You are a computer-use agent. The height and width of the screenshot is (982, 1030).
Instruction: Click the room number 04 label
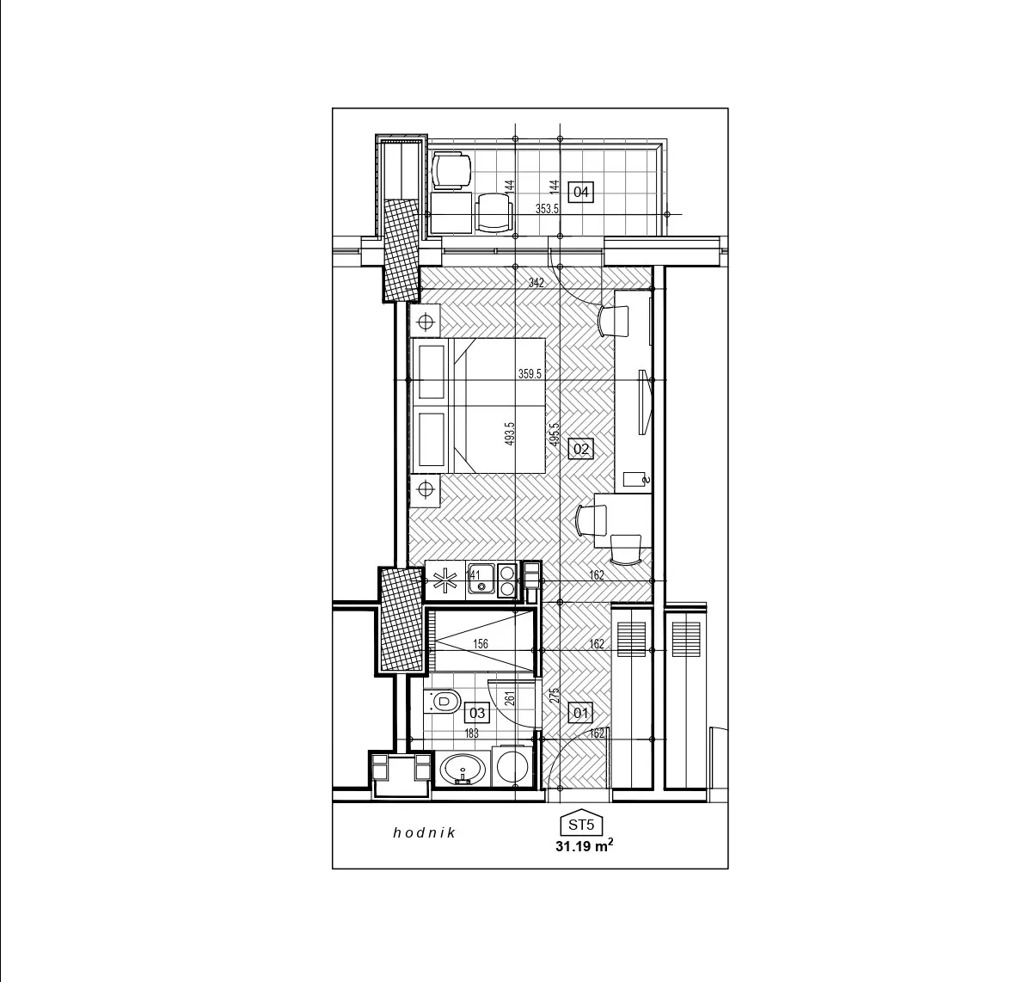click(x=580, y=192)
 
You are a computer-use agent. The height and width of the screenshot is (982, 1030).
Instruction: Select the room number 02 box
click(x=580, y=449)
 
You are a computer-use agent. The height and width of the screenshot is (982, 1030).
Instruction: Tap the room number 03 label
click(x=477, y=713)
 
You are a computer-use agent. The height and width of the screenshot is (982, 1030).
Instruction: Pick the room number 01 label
click(x=580, y=713)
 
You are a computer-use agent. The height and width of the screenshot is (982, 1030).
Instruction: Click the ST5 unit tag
click(x=580, y=824)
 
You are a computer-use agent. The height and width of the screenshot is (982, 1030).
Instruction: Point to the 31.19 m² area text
click(x=585, y=846)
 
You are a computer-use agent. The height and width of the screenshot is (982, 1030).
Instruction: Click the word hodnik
click(x=425, y=833)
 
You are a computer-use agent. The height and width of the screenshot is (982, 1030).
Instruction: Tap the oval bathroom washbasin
click(x=463, y=769)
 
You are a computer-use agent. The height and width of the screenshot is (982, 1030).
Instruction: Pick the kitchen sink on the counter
click(x=481, y=580)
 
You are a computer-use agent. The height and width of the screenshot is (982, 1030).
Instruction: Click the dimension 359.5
click(x=530, y=374)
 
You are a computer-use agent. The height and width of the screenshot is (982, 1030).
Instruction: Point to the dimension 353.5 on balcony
click(x=547, y=209)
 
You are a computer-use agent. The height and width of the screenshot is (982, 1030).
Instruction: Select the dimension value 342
click(x=536, y=283)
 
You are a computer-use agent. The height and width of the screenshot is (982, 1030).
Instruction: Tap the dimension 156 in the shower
click(x=481, y=644)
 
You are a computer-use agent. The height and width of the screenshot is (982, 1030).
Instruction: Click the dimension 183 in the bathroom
click(x=471, y=733)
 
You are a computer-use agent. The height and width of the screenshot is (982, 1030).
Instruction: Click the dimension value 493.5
click(x=510, y=434)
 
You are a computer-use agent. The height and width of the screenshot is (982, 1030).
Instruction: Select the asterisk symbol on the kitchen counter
click(x=444, y=580)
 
